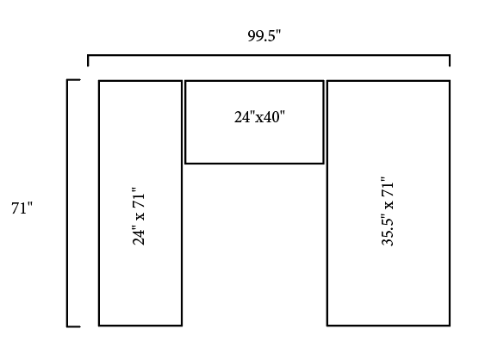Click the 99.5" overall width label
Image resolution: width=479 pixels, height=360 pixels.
[x=264, y=36]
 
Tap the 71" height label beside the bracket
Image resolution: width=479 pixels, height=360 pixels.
[x=22, y=208]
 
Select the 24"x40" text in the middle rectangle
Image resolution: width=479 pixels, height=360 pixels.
[x=259, y=117]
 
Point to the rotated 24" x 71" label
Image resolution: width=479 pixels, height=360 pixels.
[x=139, y=216]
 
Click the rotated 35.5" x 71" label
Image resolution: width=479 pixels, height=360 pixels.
[x=388, y=211]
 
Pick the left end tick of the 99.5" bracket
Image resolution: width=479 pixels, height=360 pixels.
[x=88, y=60]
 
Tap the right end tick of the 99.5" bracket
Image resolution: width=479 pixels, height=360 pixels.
[x=450, y=60]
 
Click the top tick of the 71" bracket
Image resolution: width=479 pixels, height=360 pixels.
[x=73, y=80]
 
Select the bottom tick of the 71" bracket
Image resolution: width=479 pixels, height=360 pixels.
[x=73, y=326]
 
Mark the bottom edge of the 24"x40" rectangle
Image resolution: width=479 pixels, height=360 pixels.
[x=254, y=164]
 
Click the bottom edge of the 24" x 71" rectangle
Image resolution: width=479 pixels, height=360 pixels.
[x=140, y=326]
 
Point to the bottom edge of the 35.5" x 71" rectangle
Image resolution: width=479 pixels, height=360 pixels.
[x=389, y=326]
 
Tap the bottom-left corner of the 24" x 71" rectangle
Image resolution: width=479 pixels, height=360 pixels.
[x=99, y=326]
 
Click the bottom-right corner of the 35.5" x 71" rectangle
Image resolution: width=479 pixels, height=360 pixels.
[x=450, y=326]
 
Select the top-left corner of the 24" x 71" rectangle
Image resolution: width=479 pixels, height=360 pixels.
[x=99, y=81]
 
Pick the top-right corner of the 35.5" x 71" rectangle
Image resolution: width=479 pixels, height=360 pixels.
[x=450, y=81]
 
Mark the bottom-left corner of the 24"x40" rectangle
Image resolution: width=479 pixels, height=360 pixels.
[x=185, y=164]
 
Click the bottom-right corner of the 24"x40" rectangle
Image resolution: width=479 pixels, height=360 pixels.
[x=324, y=164]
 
